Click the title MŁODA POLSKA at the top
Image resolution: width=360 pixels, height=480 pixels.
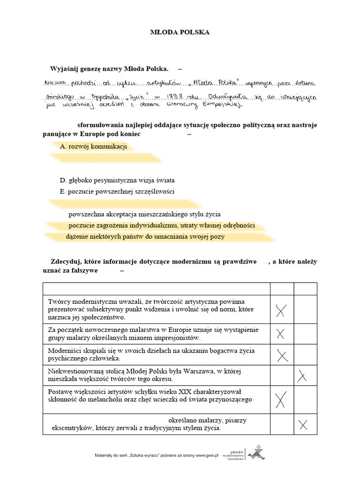pos(180,32)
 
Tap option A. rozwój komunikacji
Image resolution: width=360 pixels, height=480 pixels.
pos(94,147)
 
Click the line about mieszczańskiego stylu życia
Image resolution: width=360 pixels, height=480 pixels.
pos(144,214)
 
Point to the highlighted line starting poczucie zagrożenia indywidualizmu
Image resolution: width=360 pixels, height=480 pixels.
pos(161,225)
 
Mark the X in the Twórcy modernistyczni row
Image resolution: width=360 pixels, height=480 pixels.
pos(282,310)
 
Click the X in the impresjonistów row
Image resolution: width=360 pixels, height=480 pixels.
pos(281,334)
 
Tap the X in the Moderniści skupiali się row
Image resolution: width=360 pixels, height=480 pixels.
pos(282,355)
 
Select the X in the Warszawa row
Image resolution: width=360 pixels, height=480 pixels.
pos(302,376)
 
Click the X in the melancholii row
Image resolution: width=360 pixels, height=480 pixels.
pos(281,400)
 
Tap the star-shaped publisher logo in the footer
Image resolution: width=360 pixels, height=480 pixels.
pos(257,453)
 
